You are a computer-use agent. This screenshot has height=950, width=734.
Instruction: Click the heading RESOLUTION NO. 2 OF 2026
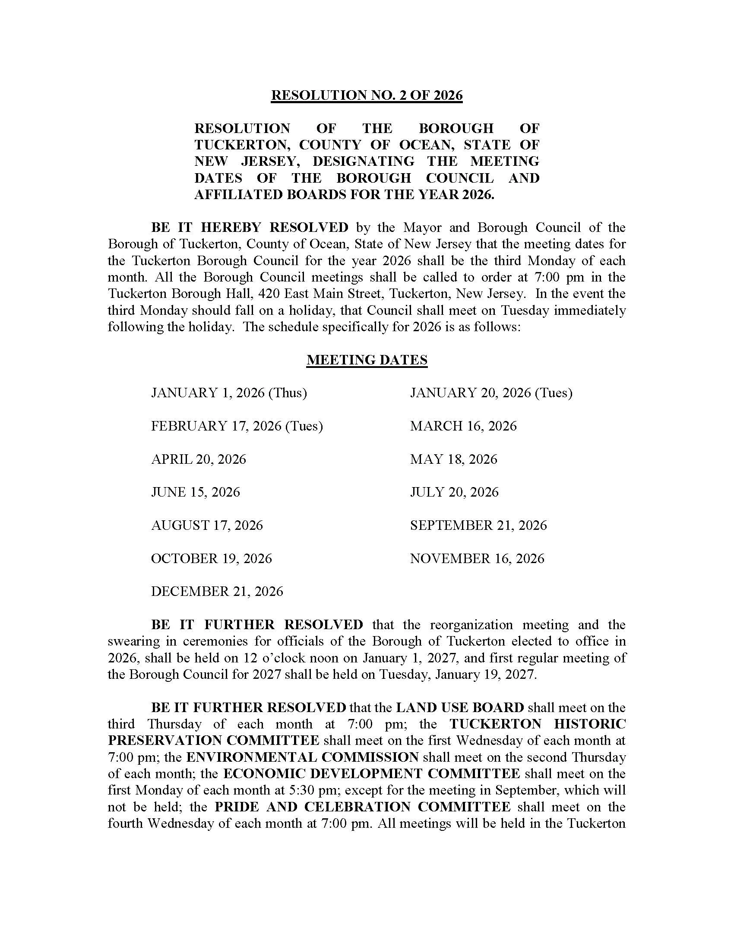(367, 95)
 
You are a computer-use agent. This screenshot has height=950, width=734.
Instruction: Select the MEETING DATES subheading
(367, 360)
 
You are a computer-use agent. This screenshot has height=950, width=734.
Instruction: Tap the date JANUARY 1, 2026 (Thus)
(229, 393)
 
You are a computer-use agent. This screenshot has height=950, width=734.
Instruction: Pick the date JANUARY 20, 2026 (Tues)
(491, 393)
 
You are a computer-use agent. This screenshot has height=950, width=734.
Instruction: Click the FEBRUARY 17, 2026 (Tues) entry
(237, 426)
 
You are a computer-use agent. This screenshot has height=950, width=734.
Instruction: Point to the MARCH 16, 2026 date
(463, 426)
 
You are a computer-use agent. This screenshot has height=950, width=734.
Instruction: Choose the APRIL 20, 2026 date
(198, 459)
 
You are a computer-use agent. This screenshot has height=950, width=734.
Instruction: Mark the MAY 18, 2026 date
(453, 459)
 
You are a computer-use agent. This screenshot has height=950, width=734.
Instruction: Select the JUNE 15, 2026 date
(195, 492)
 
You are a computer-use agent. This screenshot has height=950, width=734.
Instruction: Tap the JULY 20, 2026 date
(454, 492)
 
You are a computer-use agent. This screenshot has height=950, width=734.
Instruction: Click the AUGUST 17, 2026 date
(207, 525)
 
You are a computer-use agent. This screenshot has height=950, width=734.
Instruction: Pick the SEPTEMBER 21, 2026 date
(478, 525)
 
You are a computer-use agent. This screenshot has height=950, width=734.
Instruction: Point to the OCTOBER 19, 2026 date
(211, 558)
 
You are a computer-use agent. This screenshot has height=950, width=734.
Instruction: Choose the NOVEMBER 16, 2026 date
(477, 558)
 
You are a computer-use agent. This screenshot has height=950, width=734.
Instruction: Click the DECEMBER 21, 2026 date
(217, 591)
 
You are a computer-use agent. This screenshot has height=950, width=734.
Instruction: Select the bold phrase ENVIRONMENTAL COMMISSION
(302, 757)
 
